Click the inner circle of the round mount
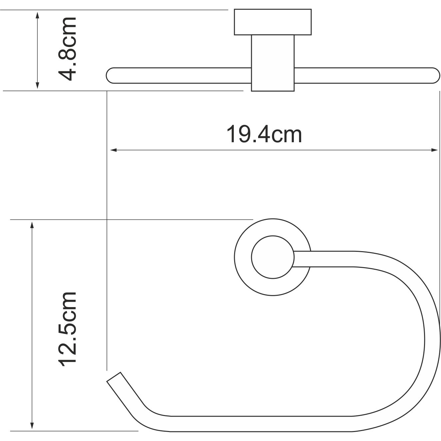[x=273, y=258]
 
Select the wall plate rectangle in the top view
[x=273, y=22]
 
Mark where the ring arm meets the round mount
[x=302, y=258]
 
